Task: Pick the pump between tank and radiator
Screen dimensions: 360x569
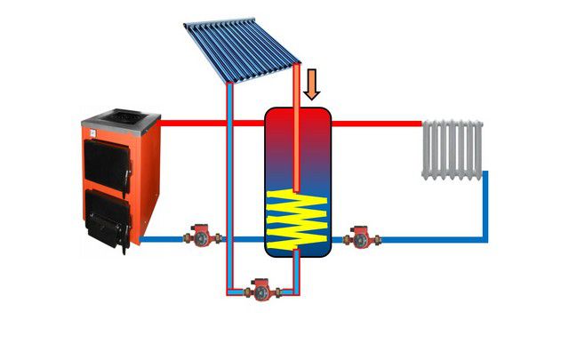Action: (362, 237)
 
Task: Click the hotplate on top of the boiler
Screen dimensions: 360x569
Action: (122, 115)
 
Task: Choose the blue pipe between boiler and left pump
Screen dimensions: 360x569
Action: (164, 238)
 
